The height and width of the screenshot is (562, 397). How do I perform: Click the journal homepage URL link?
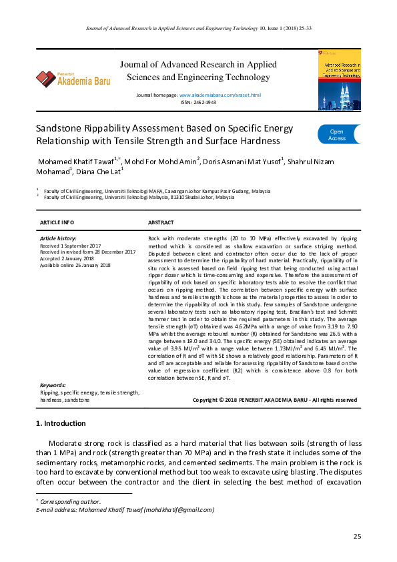point(220,96)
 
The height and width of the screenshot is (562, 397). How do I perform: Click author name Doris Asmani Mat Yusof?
point(243,162)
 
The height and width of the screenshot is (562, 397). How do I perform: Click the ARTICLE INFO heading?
point(57,222)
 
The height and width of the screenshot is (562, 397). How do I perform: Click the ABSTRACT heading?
point(160,222)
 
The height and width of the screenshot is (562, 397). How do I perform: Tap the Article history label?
point(58,238)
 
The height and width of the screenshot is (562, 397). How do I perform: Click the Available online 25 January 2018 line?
point(75,265)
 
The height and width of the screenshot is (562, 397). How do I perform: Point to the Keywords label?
point(53,386)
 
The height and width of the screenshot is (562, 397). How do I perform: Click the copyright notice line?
point(274,400)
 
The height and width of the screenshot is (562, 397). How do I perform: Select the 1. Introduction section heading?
point(60,423)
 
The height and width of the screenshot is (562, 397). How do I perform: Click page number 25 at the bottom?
point(357,537)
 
